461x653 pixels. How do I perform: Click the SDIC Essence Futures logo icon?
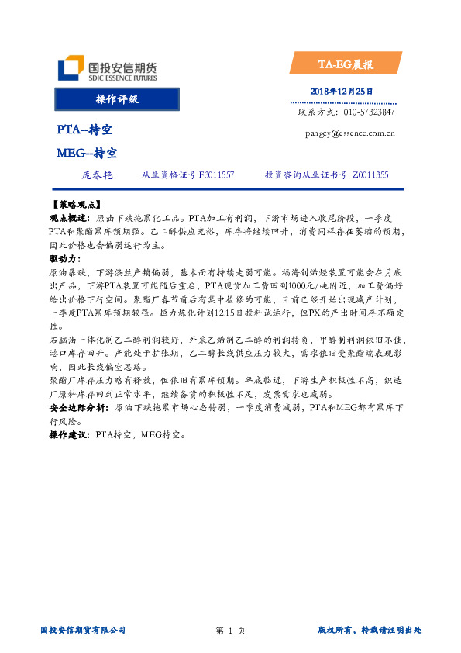(x=71, y=67)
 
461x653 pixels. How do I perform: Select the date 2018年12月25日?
(x=341, y=92)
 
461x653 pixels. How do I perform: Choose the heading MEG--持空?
(x=87, y=154)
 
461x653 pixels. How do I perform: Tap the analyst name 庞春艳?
(x=97, y=176)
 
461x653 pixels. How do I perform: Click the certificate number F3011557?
(x=216, y=176)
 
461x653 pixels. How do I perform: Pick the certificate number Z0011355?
(x=370, y=176)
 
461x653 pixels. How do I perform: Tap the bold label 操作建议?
(x=70, y=436)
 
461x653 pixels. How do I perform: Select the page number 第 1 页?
(x=230, y=631)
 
